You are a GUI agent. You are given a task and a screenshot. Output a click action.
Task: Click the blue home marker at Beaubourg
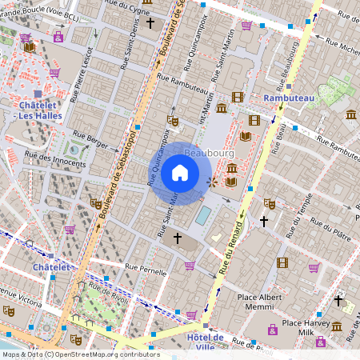coord(180,173)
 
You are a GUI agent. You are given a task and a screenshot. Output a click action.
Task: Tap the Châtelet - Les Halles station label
coord(37,110)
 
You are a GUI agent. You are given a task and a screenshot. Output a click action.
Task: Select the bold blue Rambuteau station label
coord(290,98)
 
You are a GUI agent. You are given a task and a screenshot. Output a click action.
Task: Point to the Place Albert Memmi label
coord(267,302)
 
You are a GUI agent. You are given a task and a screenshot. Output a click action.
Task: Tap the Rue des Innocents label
coord(55,161)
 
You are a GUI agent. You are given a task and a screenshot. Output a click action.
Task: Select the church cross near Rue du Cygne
coord(150,23)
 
